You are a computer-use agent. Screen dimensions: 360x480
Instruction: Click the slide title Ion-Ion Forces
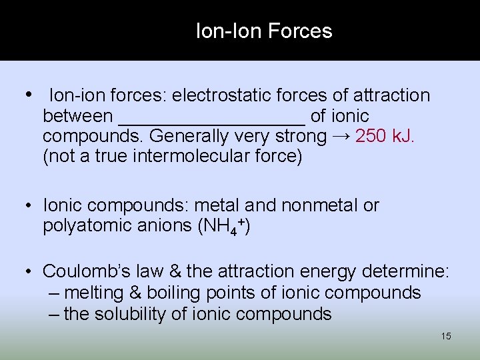[264, 31]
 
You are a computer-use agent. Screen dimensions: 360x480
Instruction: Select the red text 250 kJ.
[385, 137]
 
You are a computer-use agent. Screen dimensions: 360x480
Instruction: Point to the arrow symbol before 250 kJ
[341, 137]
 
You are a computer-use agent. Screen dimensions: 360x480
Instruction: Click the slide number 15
[446, 336]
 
